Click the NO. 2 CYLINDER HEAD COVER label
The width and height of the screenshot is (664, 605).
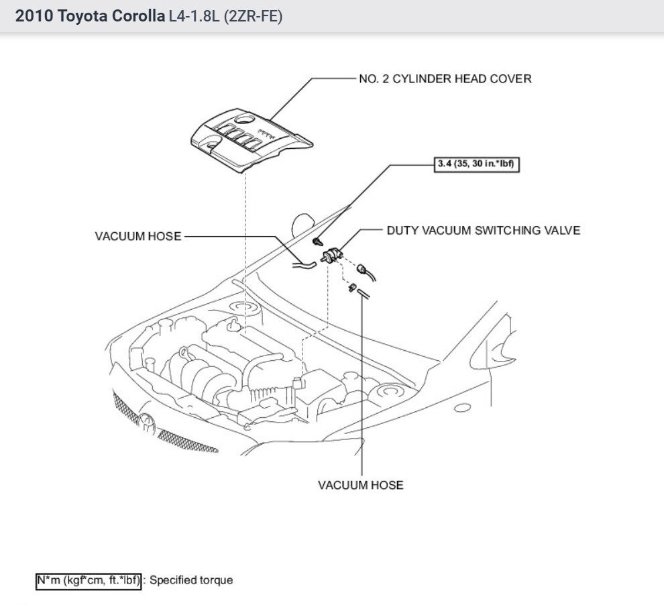pos(445,79)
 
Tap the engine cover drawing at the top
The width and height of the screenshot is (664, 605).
pos(248,139)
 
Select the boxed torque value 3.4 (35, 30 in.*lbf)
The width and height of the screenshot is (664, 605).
pos(474,164)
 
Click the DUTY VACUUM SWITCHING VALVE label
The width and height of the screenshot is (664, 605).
pos(483,231)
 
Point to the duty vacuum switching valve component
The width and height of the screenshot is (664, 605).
pos(332,255)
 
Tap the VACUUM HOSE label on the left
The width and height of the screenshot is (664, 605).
pos(137,237)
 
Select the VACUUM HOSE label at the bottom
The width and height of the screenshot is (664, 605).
pos(361,484)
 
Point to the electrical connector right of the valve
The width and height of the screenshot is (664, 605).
pos(365,269)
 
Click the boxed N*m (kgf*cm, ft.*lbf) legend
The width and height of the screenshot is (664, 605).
pos(88,580)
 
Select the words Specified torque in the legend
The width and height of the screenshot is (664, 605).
pos(191,580)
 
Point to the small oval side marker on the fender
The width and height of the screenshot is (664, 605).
pos(461,407)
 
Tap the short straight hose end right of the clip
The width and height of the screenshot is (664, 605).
pos(362,292)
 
